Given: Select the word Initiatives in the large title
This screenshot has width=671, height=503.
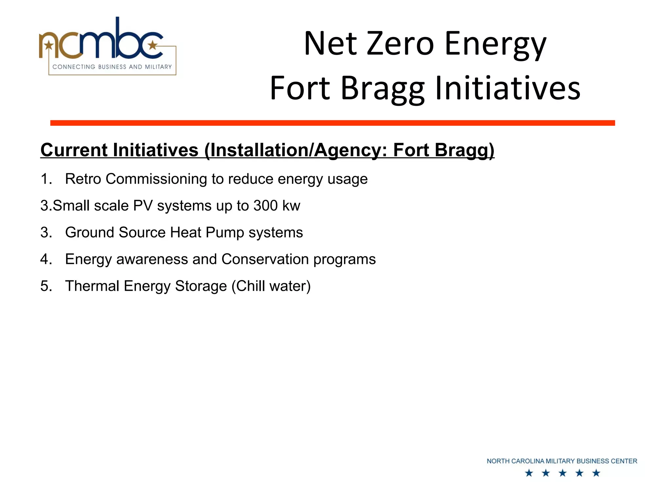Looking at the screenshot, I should click(508, 88).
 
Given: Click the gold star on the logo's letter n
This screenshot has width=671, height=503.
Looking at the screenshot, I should click(49, 45).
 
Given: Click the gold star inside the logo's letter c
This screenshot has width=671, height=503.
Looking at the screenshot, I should click(152, 45).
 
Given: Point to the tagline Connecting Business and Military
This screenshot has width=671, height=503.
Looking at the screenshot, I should click(112, 67).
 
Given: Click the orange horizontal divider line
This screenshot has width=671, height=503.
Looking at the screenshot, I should click(332, 123).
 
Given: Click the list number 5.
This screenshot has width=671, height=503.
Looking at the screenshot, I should click(46, 286).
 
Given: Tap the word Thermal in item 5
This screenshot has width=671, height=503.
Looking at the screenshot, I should click(92, 286).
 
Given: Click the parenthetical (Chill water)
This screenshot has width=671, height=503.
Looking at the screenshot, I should click(271, 286).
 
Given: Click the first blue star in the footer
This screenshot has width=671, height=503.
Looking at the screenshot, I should click(529, 473).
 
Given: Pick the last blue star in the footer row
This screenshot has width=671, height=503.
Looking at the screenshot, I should click(596, 473).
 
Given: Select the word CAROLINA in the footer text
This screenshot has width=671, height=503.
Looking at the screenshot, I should click(527, 461).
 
